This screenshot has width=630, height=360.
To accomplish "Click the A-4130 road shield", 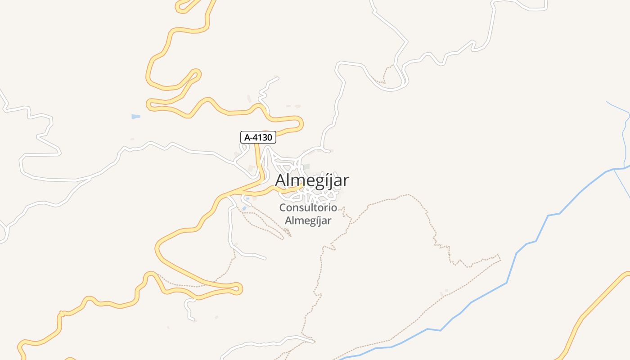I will pyautogui.click(x=258, y=137).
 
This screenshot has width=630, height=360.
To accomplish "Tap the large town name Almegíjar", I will pyautogui.click(x=312, y=180).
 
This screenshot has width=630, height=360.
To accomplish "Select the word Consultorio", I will pyautogui.click(x=308, y=208).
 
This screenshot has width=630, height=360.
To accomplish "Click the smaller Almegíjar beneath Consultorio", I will pyautogui.click(x=308, y=220).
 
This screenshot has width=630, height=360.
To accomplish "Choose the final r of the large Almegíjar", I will pyautogui.click(x=346, y=181).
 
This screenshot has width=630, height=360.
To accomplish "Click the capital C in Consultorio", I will pyautogui.click(x=283, y=208).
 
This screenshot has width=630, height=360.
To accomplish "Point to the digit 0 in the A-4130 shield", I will pyautogui.click(x=270, y=137).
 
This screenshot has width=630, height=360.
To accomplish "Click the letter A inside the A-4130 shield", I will pyautogui.click(x=246, y=137).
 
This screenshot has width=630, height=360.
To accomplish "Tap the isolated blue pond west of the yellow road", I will pyautogui.click(x=135, y=117).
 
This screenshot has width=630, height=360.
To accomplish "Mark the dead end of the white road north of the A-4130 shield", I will pyautogui.click(x=277, y=78).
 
